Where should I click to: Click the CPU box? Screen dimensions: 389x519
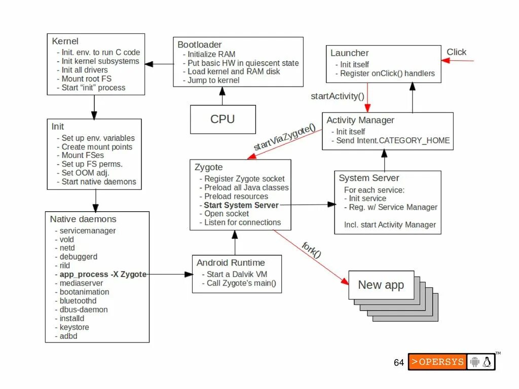[223, 119]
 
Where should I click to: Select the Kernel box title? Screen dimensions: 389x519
[65, 41]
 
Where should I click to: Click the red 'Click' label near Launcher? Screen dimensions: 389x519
[456, 52]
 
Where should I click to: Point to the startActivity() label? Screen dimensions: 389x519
[337, 96]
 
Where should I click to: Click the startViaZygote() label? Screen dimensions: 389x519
[284, 137]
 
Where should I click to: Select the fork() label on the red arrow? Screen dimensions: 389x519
[312, 250]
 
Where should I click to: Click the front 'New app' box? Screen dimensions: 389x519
[381, 285]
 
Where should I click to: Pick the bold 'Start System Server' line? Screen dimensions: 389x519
[241, 205]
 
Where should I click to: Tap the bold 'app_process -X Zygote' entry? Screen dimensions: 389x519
[103, 274]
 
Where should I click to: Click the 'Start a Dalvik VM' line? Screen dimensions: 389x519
[237, 274]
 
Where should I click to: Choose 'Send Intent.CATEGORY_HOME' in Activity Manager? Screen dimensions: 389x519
[393, 140]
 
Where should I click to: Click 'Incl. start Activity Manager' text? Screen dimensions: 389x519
[390, 225]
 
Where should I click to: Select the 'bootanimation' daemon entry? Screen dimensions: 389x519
[84, 292]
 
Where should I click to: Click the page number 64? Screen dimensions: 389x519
[399, 362]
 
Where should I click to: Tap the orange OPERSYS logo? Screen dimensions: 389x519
[437, 362]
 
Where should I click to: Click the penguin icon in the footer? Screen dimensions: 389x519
[487, 362]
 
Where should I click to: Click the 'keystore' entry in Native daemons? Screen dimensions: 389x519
[74, 327]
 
